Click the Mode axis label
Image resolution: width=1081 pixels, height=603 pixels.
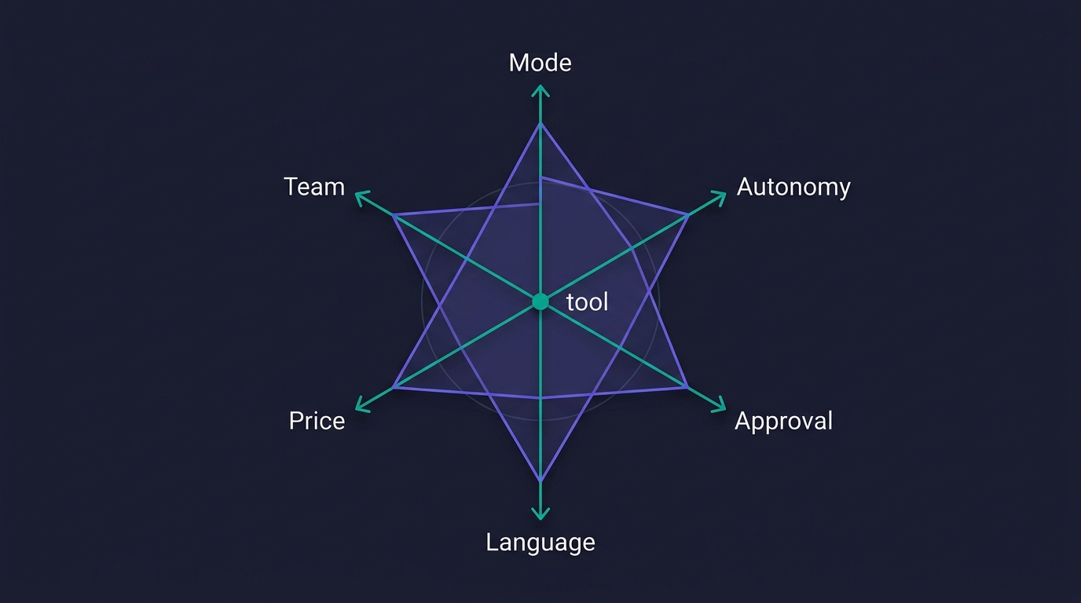[540, 63]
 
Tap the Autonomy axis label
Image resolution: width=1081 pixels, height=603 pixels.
[793, 187]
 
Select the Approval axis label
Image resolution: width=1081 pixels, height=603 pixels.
[783, 421]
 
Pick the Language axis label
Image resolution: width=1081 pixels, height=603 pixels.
[540, 543]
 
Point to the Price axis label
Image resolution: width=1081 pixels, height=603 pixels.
[317, 421]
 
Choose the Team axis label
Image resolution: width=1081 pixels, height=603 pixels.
[314, 187]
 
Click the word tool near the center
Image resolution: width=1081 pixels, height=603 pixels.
[587, 302]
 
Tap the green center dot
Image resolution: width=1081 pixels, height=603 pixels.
[540, 301]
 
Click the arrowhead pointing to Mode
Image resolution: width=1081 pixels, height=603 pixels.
[540, 90]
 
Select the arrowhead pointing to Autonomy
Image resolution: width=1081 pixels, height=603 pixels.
[720, 197]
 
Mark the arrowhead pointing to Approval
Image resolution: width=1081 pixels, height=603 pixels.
[720, 406]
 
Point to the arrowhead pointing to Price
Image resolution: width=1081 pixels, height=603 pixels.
[361, 406]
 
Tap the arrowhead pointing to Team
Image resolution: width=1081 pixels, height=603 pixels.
[361, 197]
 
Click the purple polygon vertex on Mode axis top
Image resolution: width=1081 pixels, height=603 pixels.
[540, 123]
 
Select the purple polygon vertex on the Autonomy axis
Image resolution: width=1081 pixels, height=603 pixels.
[688, 215]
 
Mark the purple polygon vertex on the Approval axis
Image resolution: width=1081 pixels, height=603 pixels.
[687, 386]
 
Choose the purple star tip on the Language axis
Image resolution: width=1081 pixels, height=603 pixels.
[540, 481]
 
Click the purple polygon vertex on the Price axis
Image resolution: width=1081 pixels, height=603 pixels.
[394, 387]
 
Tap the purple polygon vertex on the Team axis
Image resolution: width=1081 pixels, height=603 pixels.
[394, 215]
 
